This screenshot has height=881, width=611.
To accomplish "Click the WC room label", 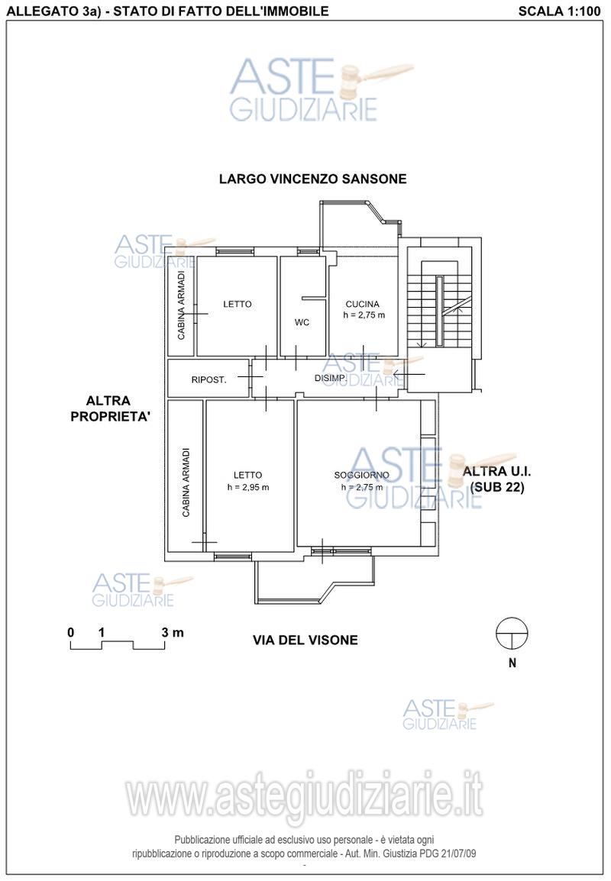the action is [302, 322].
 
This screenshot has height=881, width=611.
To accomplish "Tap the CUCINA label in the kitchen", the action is [362, 304].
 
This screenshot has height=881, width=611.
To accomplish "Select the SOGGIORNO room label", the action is [361, 476].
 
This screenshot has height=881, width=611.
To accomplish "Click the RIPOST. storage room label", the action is [209, 380].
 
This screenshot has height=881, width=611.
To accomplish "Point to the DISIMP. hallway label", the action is [331, 378].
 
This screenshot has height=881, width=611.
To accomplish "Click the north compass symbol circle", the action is [512, 633].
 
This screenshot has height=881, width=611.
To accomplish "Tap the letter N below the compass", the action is [512, 663].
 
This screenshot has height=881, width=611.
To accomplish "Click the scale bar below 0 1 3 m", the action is [118, 646].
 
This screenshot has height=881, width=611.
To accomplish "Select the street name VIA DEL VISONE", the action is [305, 640].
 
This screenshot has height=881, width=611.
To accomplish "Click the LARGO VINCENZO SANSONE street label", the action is [312, 179].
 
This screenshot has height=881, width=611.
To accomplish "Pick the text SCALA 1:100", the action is [559, 11].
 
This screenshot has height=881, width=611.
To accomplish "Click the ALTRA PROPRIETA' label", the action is [110, 409].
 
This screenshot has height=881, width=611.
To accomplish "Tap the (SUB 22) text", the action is [497, 487].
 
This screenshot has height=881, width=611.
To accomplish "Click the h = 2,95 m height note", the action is [248, 487].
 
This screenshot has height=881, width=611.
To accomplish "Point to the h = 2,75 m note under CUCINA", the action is [364, 315].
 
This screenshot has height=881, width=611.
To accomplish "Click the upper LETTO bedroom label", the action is [238, 304].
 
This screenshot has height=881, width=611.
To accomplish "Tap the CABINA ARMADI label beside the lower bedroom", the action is [186, 482].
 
